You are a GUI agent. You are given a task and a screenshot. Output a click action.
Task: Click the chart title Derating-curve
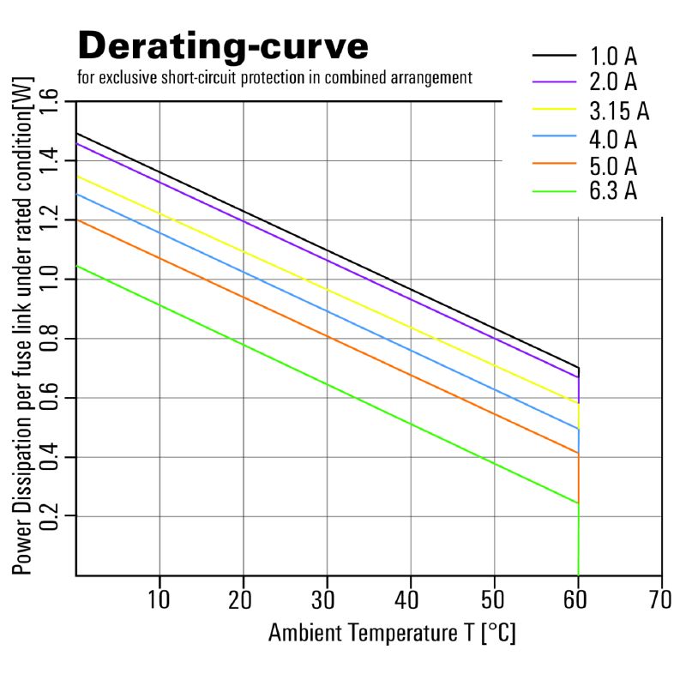(x=223, y=47)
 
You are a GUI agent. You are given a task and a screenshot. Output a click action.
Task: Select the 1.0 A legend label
(x=613, y=57)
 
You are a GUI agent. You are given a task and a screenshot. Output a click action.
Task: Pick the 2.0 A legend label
(x=613, y=81)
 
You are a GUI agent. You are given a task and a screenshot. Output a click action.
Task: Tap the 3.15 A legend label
(x=619, y=111)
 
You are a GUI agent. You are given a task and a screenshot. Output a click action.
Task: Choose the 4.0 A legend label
(x=613, y=140)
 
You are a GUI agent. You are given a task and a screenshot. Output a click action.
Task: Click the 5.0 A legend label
(x=613, y=166)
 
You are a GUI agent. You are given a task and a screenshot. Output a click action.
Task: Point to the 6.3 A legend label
(x=613, y=190)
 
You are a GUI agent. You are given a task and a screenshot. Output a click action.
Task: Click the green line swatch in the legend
(x=554, y=191)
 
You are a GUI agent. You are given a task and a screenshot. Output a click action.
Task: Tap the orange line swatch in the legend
(x=554, y=163)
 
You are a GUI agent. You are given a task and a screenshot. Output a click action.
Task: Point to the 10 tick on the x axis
(x=159, y=599)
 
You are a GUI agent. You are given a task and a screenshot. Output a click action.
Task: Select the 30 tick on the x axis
(x=323, y=599)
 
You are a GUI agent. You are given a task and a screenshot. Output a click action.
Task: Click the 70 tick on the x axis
(x=659, y=599)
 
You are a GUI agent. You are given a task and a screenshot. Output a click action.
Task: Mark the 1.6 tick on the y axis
(x=49, y=100)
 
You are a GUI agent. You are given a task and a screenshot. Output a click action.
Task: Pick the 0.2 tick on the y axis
(x=49, y=516)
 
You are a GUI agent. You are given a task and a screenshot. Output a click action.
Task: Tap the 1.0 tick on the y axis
(x=49, y=279)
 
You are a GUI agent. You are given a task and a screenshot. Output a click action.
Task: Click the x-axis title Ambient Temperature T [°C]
(x=392, y=633)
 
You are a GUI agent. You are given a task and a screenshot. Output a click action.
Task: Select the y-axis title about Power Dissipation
(x=22, y=326)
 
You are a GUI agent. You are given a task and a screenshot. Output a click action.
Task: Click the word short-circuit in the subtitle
(x=200, y=78)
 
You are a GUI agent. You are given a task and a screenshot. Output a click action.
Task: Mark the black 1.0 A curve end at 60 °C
(x=578, y=368)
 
